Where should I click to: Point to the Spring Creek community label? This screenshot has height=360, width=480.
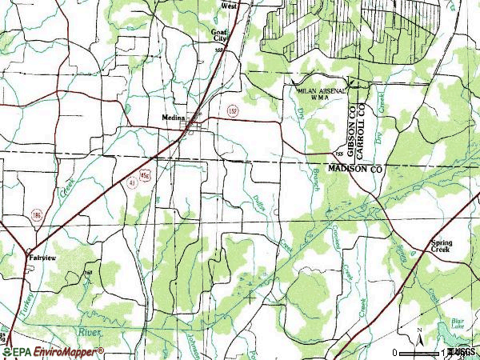click(441, 246)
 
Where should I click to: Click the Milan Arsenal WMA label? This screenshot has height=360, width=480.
click(322, 94)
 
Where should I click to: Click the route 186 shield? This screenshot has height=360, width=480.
click(38, 215)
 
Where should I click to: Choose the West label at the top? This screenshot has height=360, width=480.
click(230, 5)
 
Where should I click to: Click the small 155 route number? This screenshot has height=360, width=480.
click(339, 153)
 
